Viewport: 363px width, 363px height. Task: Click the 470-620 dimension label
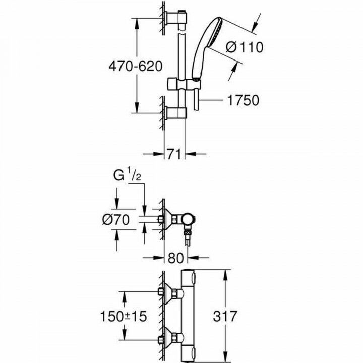pyautogui.click(x=135, y=66)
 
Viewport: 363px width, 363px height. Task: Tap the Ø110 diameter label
pyautogui.click(x=245, y=47)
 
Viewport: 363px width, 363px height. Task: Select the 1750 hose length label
pyautogui.click(x=243, y=101)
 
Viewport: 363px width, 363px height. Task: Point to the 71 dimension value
pyautogui.click(x=174, y=154)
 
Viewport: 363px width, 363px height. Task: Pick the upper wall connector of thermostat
pyautogui.click(x=171, y=292)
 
